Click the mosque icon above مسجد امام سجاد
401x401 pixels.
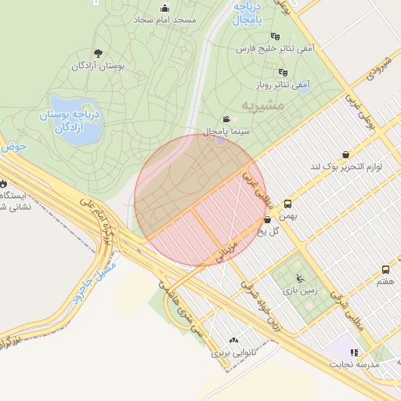point(164,9)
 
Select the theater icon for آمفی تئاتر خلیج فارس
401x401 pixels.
point(274,36)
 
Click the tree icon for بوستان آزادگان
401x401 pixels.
point(97,53)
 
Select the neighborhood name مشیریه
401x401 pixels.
point(237,105)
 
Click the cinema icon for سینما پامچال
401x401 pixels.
point(227,118)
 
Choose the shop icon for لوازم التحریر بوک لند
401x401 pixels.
point(345,154)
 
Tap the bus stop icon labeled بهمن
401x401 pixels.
point(288,203)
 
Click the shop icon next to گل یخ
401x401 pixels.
point(268,220)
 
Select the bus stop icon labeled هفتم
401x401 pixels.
point(385,269)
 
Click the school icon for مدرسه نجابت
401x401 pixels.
point(353,352)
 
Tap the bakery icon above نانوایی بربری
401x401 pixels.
point(233,341)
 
